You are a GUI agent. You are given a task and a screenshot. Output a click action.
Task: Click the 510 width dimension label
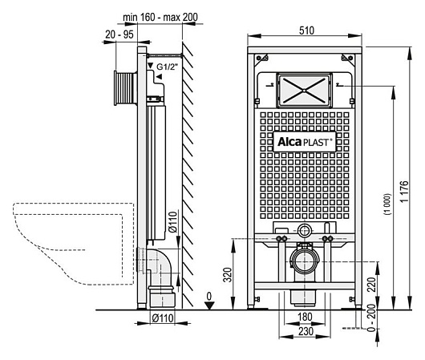click(x=306, y=30)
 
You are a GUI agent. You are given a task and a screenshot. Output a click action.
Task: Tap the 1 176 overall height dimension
click(x=404, y=191)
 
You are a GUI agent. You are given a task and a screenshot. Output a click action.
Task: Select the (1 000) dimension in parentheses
click(x=387, y=204)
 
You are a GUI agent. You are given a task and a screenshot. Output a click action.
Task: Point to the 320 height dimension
click(x=229, y=274)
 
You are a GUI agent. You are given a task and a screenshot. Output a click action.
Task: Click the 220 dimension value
click(x=371, y=285)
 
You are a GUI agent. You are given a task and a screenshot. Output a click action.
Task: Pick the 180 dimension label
click(x=305, y=317)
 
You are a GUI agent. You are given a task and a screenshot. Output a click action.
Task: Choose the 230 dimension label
click(x=306, y=331)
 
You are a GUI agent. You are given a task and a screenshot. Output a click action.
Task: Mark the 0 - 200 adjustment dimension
click(x=371, y=318)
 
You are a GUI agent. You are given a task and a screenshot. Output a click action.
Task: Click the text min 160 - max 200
click(x=160, y=17)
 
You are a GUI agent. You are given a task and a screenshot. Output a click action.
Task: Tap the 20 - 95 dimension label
click(x=119, y=34)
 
